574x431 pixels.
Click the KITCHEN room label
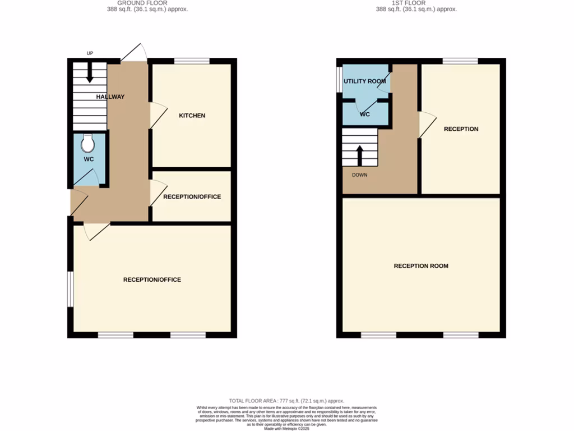[192, 116]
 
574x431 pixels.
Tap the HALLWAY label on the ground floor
[110, 97]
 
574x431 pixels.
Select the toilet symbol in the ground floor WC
[87, 144]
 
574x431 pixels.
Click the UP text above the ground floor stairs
[90, 53]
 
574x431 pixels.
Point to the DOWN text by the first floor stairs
[360, 175]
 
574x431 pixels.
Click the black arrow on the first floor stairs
[360, 155]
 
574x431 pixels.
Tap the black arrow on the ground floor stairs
[90, 72]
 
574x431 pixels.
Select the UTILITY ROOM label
[364, 81]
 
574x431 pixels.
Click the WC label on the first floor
[365, 114]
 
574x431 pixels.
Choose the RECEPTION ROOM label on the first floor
[421, 266]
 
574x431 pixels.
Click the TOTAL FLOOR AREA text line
[286, 401]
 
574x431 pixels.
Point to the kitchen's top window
[192, 61]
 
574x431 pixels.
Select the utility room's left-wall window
[339, 80]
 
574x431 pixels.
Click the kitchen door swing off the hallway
[158, 116]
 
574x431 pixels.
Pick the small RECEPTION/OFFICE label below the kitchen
[192, 197]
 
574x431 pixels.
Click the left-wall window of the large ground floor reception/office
[70, 290]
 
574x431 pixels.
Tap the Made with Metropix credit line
[286, 429]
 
